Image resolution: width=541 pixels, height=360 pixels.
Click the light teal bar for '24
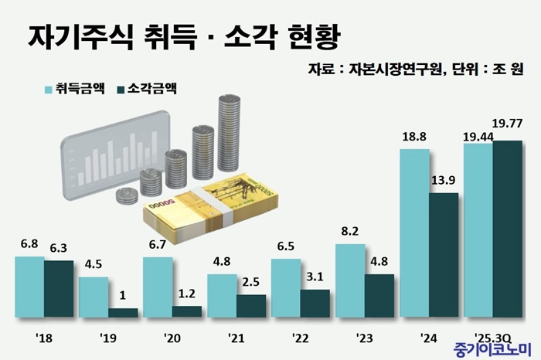point(414,233)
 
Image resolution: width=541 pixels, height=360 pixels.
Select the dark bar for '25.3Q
point(507,229)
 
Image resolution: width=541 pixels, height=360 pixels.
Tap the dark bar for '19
point(123,313)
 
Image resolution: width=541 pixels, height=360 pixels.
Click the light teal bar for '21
point(222,296)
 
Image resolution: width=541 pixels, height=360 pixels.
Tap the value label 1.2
point(186,293)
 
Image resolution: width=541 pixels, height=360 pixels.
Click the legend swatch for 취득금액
point(48,88)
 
